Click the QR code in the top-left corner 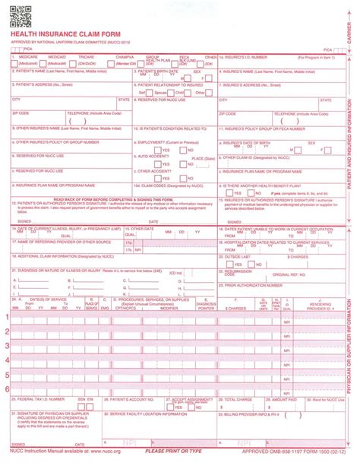pos(18,14)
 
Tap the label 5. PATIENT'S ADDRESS pos(41,85)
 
